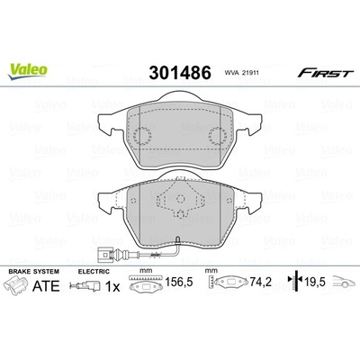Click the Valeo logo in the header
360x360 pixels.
(28, 72)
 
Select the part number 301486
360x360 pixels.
(180, 73)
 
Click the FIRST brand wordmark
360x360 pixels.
(325, 73)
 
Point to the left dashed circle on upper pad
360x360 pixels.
(142, 135)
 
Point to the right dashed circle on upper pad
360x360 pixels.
(218, 135)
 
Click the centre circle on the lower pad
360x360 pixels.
(180, 199)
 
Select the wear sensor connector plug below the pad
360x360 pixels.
(104, 255)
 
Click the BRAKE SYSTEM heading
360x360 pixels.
(34, 272)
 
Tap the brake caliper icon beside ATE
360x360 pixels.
(15, 285)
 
